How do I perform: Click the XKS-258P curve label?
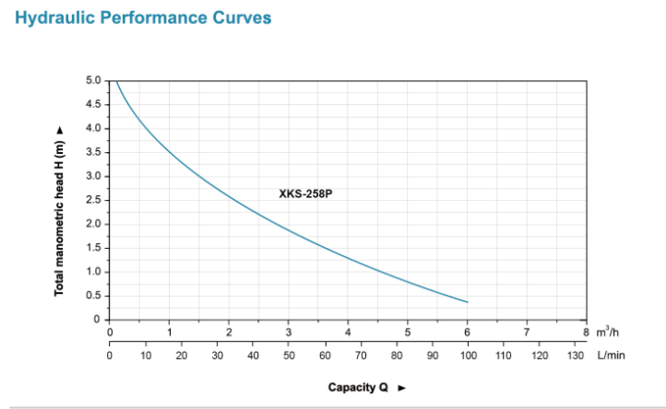click(305, 194)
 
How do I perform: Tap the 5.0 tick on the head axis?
click(93, 80)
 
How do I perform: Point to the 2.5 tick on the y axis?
click(93, 200)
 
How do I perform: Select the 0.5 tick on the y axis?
click(93, 296)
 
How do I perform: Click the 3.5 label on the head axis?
click(93, 152)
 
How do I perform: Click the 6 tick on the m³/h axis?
click(467, 332)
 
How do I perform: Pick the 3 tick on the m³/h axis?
click(289, 332)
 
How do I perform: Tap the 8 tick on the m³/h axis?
click(586, 332)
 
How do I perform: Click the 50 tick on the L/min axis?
click(289, 354)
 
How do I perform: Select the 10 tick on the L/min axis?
click(146, 354)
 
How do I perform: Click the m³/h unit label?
click(607, 331)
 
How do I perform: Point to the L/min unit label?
click(611, 354)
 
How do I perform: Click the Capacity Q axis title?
click(358, 387)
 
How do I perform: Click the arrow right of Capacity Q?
click(401, 388)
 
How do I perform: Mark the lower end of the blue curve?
click(467, 302)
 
